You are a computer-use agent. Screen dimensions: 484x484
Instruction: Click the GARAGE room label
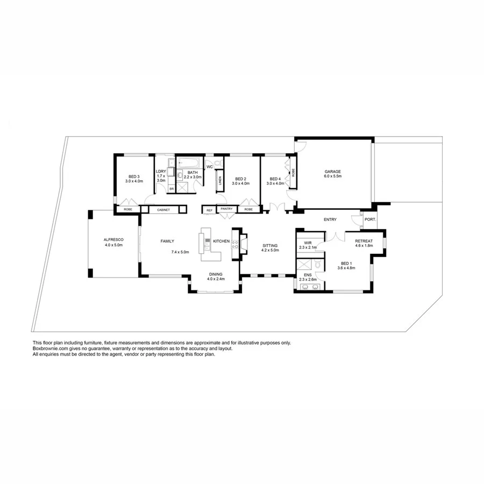(x=332, y=172)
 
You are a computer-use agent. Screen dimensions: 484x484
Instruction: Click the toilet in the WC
(x=217, y=162)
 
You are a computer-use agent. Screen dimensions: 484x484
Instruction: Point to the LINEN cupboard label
(x=220, y=182)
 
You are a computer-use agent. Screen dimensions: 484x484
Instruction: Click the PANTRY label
(x=226, y=209)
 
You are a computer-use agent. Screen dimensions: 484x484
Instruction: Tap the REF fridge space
(x=209, y=210)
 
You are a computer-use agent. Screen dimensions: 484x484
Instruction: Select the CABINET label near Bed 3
(x=163, y=210)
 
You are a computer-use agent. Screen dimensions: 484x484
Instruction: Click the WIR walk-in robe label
(x=308, y=243)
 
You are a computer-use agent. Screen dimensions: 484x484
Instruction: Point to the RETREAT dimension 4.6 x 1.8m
(x=364, y=246)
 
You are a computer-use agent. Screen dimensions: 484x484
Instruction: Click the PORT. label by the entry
(x=370, y=219)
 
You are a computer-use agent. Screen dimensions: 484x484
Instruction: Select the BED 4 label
(x=275, y=179)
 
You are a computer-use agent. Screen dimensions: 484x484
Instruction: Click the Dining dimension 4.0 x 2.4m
(x=215, y=280)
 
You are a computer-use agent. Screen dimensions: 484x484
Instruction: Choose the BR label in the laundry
(x=172, y=189)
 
